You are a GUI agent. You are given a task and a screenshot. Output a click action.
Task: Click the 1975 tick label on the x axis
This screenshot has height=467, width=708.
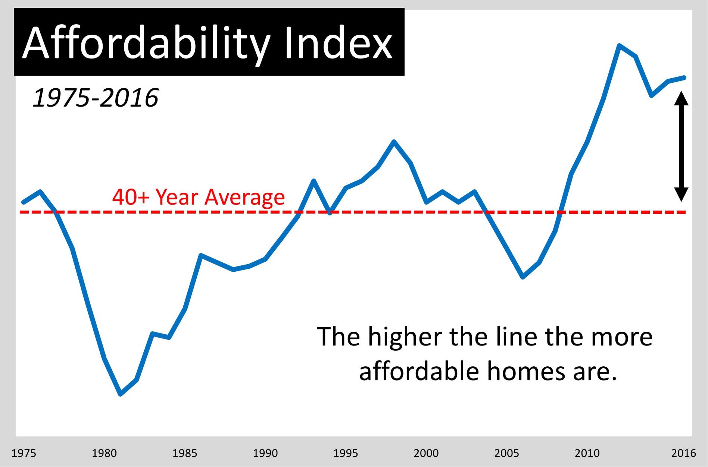tap(24, 453)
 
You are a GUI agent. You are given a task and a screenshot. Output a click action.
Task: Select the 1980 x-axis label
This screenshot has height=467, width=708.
tap(104, 453)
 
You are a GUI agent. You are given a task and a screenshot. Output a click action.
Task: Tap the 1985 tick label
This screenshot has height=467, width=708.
tap(185, 453)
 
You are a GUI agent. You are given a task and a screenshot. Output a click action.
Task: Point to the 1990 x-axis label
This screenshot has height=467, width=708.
tap(265, 453)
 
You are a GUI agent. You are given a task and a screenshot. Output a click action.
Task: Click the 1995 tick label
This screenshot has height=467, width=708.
tap(346, 453)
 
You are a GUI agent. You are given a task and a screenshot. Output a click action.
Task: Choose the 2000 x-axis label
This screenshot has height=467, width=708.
tap(426, 453)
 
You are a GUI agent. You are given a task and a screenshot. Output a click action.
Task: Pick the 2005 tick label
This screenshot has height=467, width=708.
tap(507, 453)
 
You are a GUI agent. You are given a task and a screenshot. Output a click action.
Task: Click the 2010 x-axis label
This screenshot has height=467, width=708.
tap(587, 453)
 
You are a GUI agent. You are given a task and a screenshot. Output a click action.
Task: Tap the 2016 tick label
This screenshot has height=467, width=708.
tap(684, 453)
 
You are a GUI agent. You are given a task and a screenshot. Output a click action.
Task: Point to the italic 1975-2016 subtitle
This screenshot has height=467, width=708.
tap(96, 98)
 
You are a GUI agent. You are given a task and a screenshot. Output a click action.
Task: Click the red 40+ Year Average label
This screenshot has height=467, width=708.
tap(199, 197)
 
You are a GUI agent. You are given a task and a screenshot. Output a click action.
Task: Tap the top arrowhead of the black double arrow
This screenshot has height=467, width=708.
tap(681, 98)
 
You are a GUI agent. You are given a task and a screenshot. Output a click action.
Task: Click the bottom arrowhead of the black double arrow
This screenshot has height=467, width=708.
tap(681, 195)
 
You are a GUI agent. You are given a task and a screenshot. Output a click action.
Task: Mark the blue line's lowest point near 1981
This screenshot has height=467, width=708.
tap(120, 394)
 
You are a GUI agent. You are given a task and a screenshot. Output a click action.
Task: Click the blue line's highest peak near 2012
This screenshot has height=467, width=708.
tap(620, 46)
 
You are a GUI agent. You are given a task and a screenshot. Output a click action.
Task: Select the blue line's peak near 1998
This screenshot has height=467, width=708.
tap(394, 141)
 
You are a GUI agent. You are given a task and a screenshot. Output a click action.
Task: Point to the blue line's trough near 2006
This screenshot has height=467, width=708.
tap(523, 277)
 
